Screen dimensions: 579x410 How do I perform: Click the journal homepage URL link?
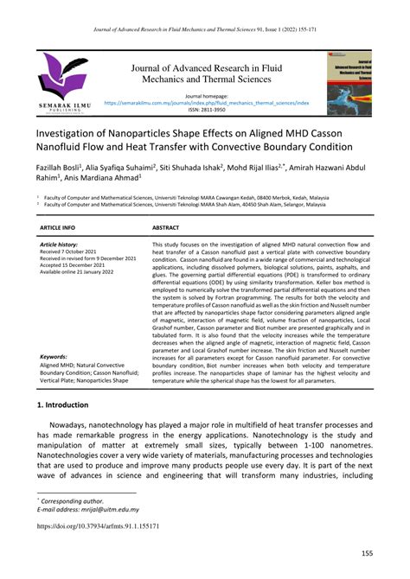click(205, 101)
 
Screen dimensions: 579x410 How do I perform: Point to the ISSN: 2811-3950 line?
click(205, 109)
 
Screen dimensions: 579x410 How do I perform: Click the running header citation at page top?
click(205, 10)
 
